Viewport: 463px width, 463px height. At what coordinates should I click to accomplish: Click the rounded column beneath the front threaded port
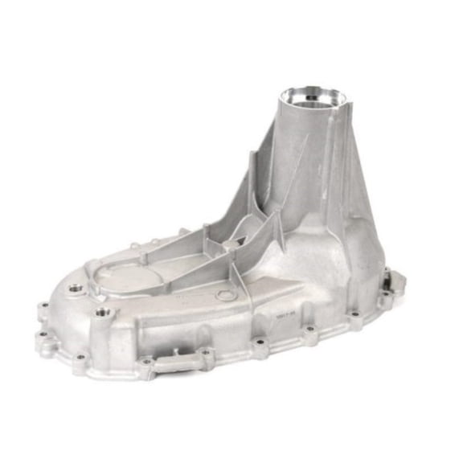tap(101, 334)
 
